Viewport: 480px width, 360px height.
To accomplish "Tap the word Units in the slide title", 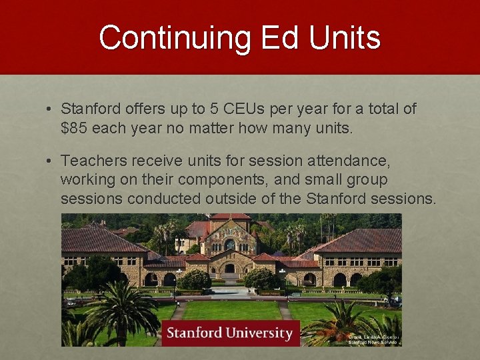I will [x=346, y=38].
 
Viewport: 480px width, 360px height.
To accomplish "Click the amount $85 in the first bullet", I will [x=74, y=128].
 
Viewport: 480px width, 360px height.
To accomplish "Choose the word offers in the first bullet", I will [x=141, y=109].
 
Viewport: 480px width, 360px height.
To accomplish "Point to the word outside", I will [x=244, y=199].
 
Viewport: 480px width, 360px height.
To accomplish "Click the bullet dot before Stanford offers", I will [x=50, y=109].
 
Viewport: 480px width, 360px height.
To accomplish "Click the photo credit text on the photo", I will [x=374, y=339].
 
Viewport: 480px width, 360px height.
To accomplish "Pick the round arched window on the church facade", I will [x=230, y=244].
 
